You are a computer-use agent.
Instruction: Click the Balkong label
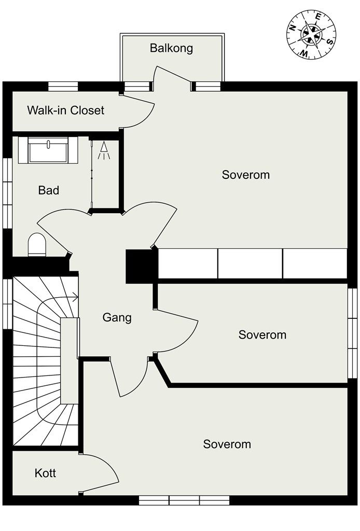tap(171, 48)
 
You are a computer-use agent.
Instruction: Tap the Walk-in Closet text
tap(66, 110)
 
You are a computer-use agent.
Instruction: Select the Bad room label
tap(49, 190)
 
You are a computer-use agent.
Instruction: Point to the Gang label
tap(117, 318)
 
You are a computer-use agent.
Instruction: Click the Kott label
tap(45, 473)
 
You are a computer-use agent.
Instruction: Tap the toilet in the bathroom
tap(37, 245)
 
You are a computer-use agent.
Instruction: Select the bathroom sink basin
tap(48, 150)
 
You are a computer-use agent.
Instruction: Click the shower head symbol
tap(104, 150)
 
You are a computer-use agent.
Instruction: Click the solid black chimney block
tap(142, 266)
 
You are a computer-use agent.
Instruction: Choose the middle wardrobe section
tap(250, 263)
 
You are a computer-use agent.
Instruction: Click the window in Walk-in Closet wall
tap(63, 87)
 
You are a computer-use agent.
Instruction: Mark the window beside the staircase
tap(7, 303)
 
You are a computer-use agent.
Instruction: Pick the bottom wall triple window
tap(184, 500)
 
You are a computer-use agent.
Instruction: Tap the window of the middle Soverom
tap(353, 333)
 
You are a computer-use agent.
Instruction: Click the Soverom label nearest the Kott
tap(227, 444)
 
